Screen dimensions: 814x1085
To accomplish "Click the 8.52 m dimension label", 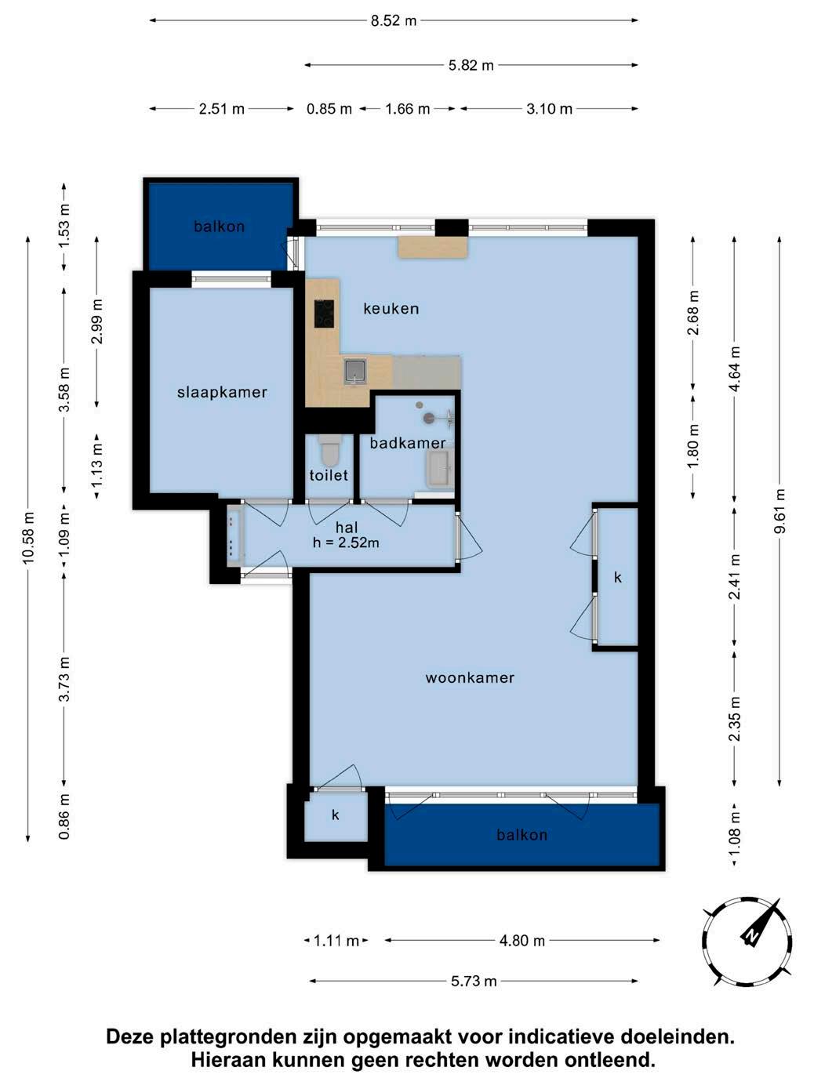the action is coord(394,20).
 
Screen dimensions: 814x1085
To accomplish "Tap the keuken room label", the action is coord(391,309).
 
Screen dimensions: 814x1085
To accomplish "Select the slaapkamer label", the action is coord(222,393).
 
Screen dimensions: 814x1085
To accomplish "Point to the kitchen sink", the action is coord(356,370).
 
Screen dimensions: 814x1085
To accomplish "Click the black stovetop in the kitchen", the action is coord(324,314).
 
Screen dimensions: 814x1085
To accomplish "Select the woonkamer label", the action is coord(470,677).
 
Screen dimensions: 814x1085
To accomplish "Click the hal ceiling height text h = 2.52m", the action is coord(346,542).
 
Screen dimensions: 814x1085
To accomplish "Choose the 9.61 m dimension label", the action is coord(779,511).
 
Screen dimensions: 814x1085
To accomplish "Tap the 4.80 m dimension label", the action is coord(522,940).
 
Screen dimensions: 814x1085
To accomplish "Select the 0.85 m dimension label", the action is coord(329,109).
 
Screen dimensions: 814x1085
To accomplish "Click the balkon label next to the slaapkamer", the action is coord(219,227).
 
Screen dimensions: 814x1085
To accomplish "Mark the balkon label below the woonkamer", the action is coord(522,835).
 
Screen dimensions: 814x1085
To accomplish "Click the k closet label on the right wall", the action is coord(617,576).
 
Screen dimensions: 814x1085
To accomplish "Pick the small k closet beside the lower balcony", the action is coord(335,815).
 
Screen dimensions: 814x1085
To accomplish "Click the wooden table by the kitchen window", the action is coord(433,248).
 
